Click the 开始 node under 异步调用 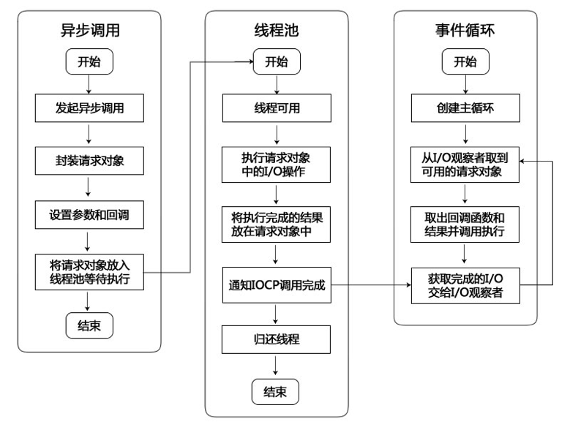pyautogui.click(x=88, y=61)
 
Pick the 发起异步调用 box pyautogui.click(x=88, y=109)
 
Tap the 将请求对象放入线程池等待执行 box pyautogui.click(x=88, y=271)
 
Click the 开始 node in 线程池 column pyautogui.click(x=276, y=61)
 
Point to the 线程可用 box pyautogui.click(x=276, y=109)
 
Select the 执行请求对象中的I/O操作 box pyautogui.click(x=276, y=165)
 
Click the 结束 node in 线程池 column pyautogui.click(x=276, y=391)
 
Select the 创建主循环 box pyautogui.click(x=465, y=109)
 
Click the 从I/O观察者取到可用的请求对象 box pyautogui.click(x=465, y=165)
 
